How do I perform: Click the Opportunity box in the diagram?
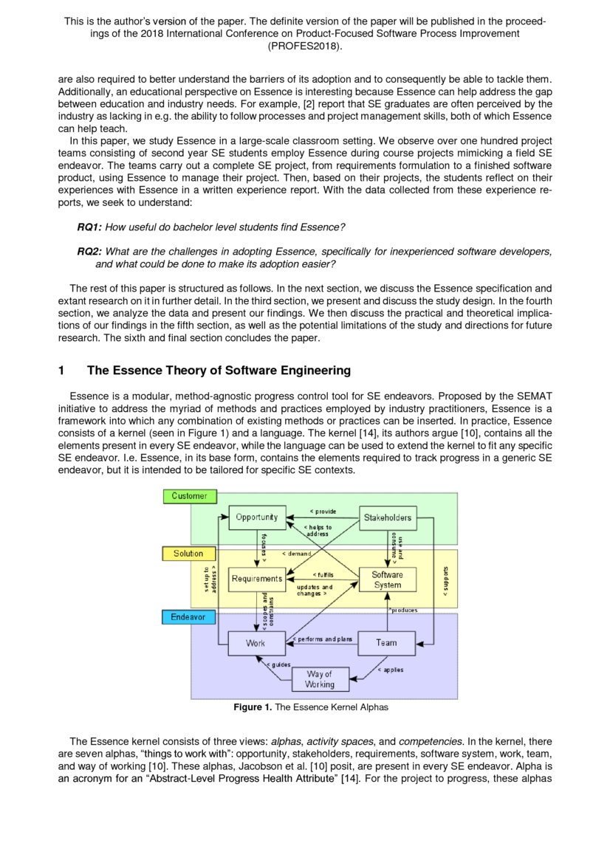tap(256, 518)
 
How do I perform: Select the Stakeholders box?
tap(387, 518)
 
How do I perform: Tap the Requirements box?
tap(256, 579)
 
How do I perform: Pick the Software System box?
tap(387, 580)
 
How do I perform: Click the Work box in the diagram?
tap(256, 643)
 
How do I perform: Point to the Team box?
tap(386, 643)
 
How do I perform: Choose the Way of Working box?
tap(319, 679)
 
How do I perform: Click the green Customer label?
tap(189, 496)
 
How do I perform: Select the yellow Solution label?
tap(188, 553)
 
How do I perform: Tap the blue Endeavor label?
tap(188, 616)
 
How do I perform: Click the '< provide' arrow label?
tap(322, 512)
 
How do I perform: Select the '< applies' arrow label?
tap(390, 670)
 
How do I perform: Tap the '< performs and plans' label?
tap(323, 639)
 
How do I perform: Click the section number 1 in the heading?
tap(61, 370)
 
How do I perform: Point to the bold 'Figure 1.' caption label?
tap(253, 707)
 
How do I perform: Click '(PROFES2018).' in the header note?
tap(304, 46)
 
